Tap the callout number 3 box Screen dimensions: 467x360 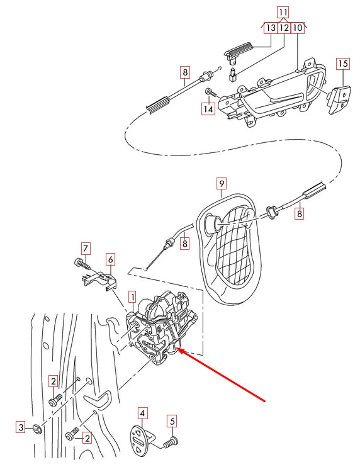[x=20, y=428]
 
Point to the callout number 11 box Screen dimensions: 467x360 [x=283, y=12]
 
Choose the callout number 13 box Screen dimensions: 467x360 [x=269, y=28]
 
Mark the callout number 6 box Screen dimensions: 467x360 [x=110, y=259]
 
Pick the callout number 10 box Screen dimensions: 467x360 [x=298, y=28]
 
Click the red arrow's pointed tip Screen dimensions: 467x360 [x=176, y=349]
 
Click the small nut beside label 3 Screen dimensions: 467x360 [x=37, y=430]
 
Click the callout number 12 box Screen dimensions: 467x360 [x=284, y=28]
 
